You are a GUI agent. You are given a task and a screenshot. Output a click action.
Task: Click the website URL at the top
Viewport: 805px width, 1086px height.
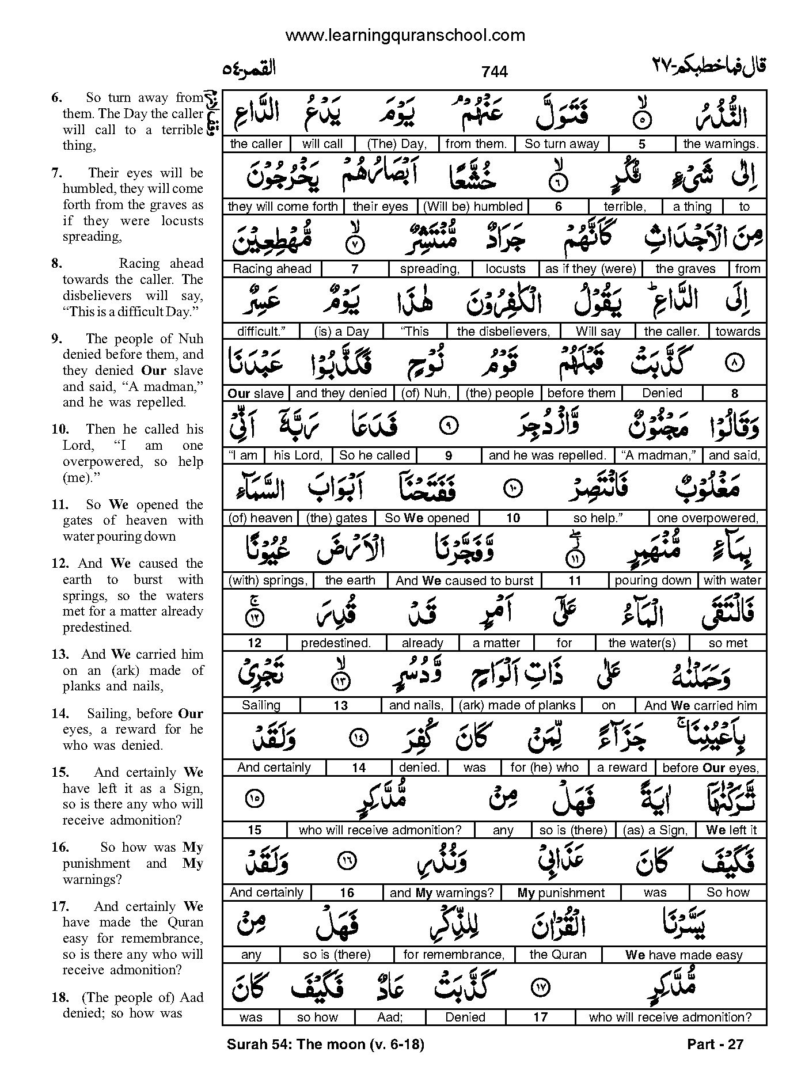(x=405, y=35)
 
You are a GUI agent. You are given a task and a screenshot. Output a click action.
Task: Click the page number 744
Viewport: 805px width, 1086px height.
(x=495, y=71)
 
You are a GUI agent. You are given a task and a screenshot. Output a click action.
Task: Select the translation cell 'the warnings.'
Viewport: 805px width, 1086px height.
(x=721, y=144)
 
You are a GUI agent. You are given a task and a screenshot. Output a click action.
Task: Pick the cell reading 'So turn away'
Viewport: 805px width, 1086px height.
(x=561, y=144)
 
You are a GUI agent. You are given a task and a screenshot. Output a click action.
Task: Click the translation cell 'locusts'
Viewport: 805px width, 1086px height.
(x=505, y=269)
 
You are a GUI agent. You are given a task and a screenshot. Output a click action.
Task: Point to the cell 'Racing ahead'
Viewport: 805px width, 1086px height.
(x=272, y=269)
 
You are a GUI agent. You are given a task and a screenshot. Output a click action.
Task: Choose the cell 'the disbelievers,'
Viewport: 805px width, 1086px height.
(x=503, y=331)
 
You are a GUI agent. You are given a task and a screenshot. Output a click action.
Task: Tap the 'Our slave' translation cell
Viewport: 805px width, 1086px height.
(x=256, y=393)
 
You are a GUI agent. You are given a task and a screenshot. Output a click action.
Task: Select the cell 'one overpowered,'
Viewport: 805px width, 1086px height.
(x=707, y=518)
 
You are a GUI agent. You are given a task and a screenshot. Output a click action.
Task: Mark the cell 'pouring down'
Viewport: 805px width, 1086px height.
(x=652, y=580)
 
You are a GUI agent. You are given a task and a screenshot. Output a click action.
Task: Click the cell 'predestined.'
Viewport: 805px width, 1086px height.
(x=336, y=643)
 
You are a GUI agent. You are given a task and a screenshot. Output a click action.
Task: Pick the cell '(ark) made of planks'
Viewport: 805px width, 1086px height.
(x=517, y=705)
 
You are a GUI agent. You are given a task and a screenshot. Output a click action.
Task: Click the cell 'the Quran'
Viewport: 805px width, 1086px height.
(x=557, y=955)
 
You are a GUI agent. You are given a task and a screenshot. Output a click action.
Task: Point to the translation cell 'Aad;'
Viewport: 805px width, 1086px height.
(x=390, y=1017)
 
